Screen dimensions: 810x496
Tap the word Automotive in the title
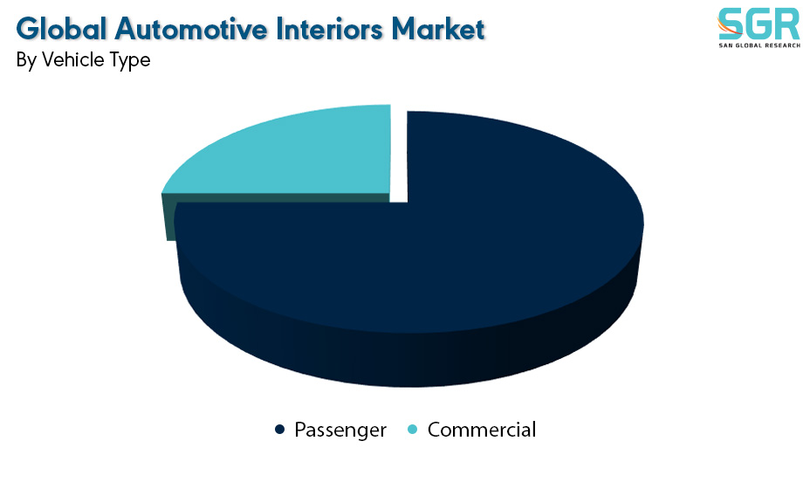pos(191,29)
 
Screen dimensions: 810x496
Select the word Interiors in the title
pos(329,29)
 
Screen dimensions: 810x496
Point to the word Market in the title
pos(437,29)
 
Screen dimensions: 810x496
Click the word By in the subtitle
pos(26,60)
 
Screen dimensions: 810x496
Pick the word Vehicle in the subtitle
pos(72,59)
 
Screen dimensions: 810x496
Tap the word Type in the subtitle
pos(130,61)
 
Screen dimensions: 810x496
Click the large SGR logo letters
pos(759,24)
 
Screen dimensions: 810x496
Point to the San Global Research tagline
pos(759,45)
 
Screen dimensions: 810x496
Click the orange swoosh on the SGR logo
pos(727,26)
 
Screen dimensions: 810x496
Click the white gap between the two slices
pos(399,155)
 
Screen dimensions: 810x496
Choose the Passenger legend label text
pos(340,430)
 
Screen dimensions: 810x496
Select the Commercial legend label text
pos(482,430)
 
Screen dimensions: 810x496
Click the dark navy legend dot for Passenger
pos(280,430)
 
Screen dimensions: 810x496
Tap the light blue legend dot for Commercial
pos(413,430)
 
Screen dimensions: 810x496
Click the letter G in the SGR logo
pos(759,24)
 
